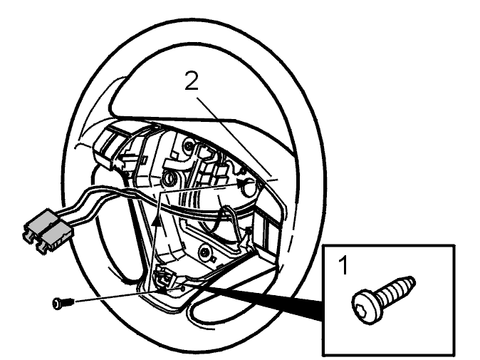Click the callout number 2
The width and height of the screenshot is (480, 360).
point(192,81)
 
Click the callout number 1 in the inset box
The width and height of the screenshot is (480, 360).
point(343,266)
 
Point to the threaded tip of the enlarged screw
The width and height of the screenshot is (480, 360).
point(409,282)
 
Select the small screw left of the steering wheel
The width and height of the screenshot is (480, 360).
point(63,303)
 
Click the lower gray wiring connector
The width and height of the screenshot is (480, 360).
point(55,237)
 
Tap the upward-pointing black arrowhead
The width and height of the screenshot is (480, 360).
point(156,220)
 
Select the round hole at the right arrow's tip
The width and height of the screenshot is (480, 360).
point(249,187)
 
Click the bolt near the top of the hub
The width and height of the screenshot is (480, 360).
point(189,146)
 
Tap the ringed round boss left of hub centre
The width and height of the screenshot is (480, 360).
point(168,179)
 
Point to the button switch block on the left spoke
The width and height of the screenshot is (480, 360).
point(111,147)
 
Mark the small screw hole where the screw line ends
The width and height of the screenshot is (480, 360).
point(183,288)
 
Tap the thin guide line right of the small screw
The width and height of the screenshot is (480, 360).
point(128,295)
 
